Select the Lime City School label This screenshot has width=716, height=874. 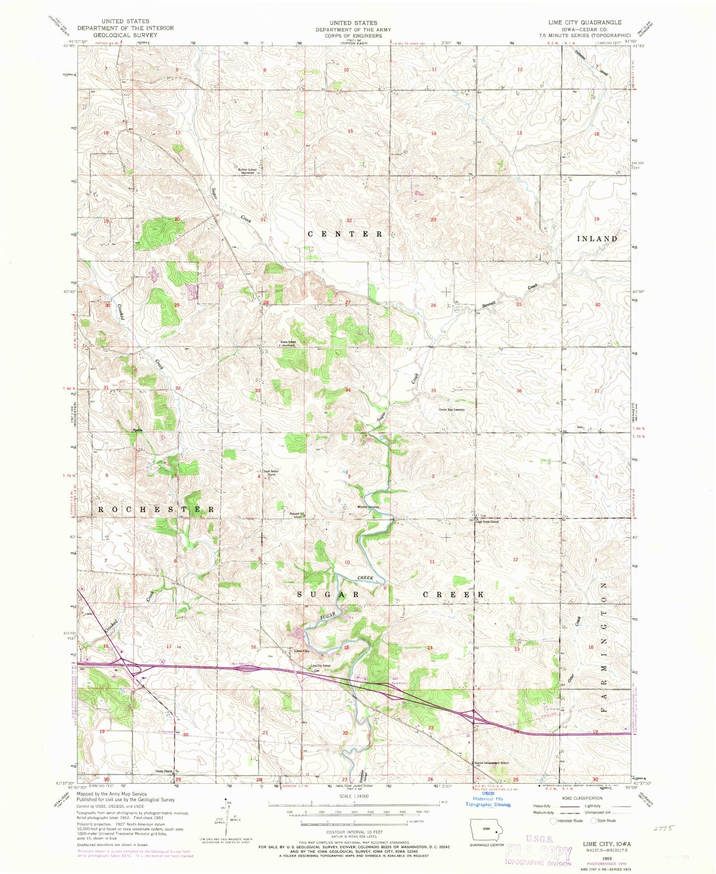pos(320,666)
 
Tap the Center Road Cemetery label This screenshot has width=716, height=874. pos(451,410)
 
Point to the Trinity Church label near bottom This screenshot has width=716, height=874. pos(164,771)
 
